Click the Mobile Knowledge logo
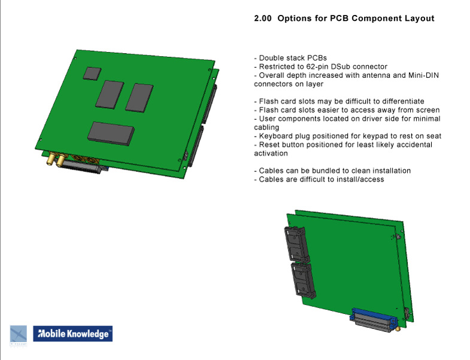[x=73, y=334]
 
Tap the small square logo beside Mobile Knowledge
[x=19, y=335]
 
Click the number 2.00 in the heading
[x=263, y=19]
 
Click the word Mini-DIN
[x=423, y=75]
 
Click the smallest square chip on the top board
[x=92, y=74]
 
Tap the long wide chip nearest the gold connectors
[x=111, y=133]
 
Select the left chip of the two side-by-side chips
[x=110, y=95]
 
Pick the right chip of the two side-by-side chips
[x=140, y=98]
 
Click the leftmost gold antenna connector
[x=51, y=158]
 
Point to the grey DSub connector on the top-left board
[x=80, y=167]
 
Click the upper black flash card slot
[x=297, y=244]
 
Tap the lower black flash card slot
[x=304, y=280]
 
